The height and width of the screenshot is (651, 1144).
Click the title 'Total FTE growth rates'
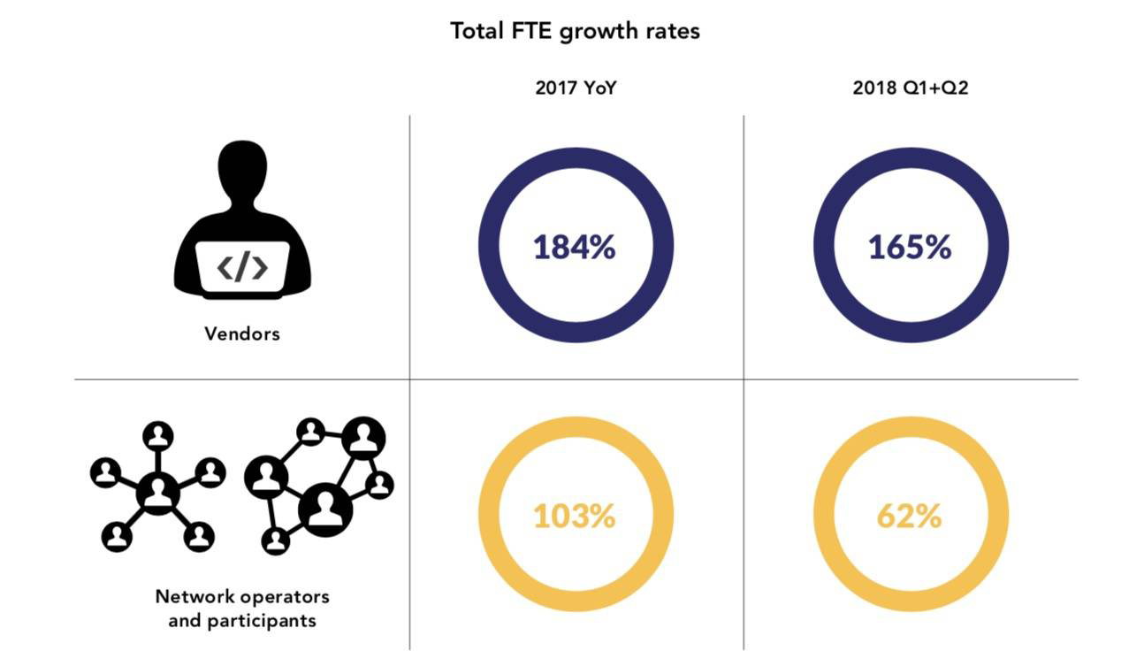[x=575, y=31]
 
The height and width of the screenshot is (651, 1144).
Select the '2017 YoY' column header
[x=575, y=88]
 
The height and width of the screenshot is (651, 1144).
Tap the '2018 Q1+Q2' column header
[x=910, y=88]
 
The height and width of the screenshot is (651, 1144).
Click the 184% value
[x=575, y=247]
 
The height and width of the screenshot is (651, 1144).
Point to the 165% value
[x=910, y=247]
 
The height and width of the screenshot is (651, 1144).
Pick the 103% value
[x=575, y=516]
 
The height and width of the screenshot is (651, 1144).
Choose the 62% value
[x=910, y=516]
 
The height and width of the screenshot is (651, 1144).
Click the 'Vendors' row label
[x=241, y=333]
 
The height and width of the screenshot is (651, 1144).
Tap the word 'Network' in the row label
[x=189, y=596]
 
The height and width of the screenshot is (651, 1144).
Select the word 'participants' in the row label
[x=261, y=620]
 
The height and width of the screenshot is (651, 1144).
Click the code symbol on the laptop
[x=242, y=266]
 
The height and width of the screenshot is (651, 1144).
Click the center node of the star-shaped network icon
[x=157, y=492]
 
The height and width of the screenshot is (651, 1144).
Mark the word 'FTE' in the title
[x=530, y=31]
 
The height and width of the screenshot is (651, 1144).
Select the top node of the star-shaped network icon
[x=157, y=435]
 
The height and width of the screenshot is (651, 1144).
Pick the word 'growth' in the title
[x=604, y=32]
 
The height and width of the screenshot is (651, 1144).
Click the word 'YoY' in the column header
[x=597, y=88]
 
